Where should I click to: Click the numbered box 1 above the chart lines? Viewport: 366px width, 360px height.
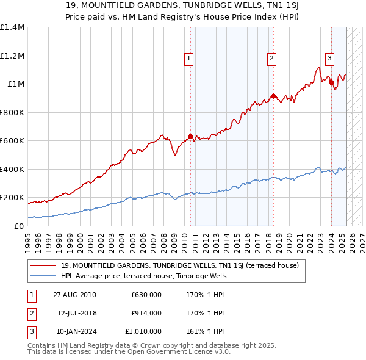coord(189,59)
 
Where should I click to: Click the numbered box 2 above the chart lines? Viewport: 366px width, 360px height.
coord(271,59)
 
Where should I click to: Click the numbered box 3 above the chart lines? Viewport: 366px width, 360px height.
coord(329,59)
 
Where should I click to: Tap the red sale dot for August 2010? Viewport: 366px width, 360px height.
coord(190,136)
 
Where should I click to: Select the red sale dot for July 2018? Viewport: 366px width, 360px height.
coord(273,96)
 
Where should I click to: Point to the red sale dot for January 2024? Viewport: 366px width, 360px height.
coord(331,82)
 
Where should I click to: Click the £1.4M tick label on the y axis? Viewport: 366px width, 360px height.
coord(12,27)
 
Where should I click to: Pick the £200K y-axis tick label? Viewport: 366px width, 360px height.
coord(12,198)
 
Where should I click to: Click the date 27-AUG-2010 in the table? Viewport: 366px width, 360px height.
coord(74,295)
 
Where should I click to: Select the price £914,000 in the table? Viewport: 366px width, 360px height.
coord(146,313)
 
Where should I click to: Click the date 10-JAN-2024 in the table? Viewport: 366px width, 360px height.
coord(74,331)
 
